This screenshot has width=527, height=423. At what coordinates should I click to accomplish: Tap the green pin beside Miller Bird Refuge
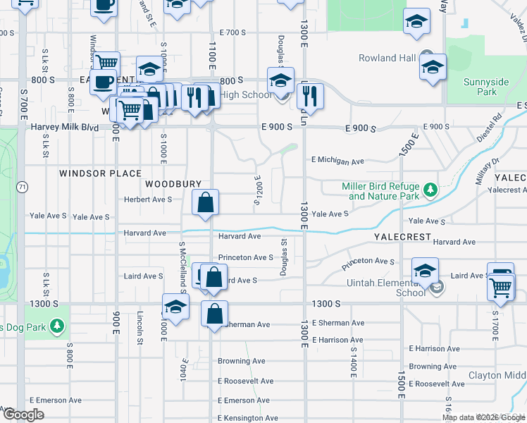pos(429,189)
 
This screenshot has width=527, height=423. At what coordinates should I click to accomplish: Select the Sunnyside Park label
pos(485,87)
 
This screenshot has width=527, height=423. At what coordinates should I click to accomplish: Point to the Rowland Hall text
pos(387,58)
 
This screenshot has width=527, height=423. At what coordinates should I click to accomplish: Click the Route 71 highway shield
pos(23,187)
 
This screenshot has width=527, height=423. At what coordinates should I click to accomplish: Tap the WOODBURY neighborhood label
pos(168,183)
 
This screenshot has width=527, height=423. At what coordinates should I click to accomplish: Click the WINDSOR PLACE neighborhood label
pos(100,173)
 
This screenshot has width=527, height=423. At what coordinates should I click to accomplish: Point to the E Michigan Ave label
pos(338,161)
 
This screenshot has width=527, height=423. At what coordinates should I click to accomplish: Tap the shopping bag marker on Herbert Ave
pos(204,203)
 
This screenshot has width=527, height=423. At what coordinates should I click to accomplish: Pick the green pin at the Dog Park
pos(57,326)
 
